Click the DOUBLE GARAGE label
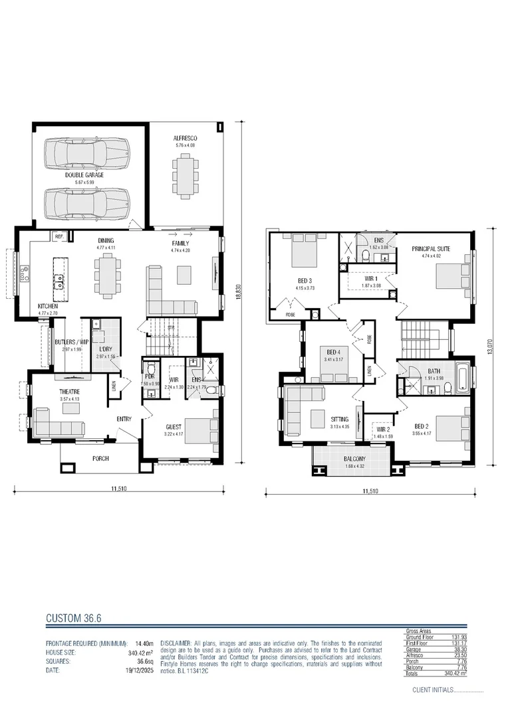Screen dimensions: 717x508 click(x=79, y=175)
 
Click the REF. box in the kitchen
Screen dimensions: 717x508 click(x=59, y=236)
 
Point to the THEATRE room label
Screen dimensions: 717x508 click(x=69, y=392)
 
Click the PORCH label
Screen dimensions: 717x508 click(x=100, y=458)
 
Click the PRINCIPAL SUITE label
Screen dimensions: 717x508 click(x=430, y=248)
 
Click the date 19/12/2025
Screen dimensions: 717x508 click(x=139, y=671)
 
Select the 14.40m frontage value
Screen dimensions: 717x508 click(x=144, y=643)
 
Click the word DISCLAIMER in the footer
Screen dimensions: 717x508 click(x=176, y=643)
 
